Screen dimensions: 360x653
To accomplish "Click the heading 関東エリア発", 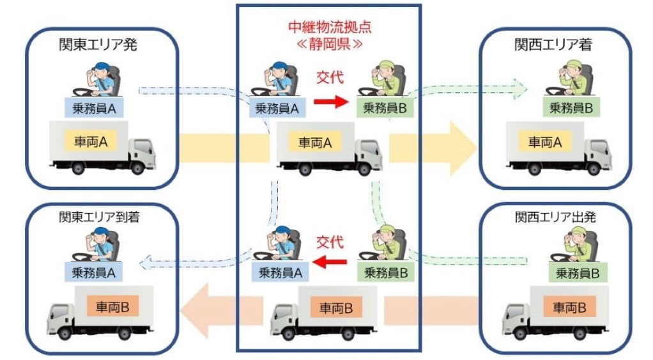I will point(98,45).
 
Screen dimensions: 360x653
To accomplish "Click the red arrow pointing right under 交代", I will point(331,101).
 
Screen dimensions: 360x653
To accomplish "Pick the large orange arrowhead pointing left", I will point(196,311).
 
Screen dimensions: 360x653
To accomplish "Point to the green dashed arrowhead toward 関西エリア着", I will point(520,84).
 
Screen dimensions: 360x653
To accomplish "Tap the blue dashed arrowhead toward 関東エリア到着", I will point(145,259).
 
